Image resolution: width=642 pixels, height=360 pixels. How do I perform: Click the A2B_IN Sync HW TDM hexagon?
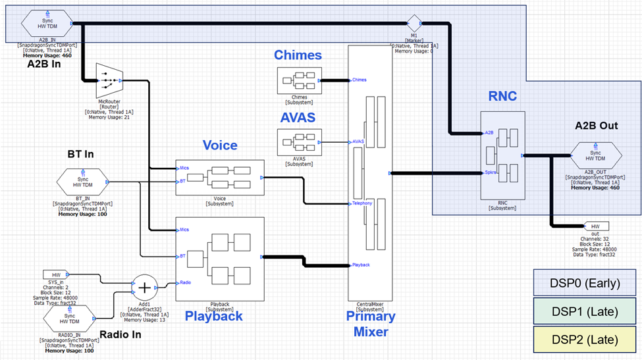click(x=47, y=24)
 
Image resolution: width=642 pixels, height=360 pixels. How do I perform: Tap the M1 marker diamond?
click(x=414, y=24)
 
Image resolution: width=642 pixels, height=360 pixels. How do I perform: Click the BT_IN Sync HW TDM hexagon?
click(x=83, y=182)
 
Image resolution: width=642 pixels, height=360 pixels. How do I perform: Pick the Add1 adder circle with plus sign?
click(x=142, y=288)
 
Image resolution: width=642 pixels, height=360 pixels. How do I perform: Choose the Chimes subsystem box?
click(x=299, y=80)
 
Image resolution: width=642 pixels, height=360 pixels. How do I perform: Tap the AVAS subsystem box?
click(x=299, y=141)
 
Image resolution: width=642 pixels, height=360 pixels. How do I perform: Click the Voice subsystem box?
click(x=220, y=178)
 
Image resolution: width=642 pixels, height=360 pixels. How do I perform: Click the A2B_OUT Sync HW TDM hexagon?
click(x=595, y=156)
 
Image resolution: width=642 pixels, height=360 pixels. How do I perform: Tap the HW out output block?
click(x=595, y=226)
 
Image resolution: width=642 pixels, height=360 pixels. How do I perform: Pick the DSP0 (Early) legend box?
click(x=585, y=284)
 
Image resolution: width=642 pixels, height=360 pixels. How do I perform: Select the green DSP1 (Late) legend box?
click(x=585, y=312)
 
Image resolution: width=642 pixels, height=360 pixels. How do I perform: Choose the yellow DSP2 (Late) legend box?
click(x=585, y=340)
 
